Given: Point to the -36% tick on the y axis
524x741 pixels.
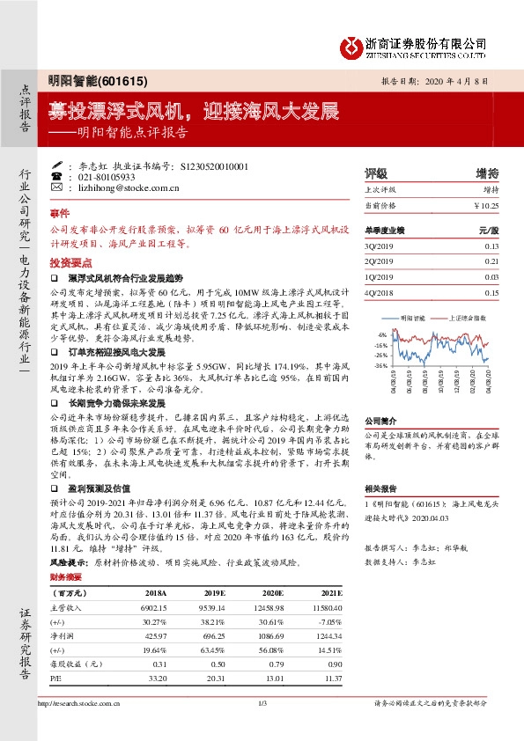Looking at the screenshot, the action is [x=380, y=365].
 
